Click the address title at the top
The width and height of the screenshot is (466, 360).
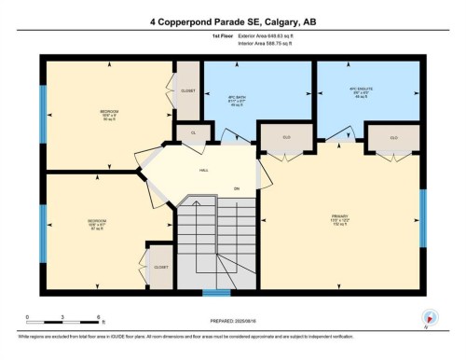(232, 20)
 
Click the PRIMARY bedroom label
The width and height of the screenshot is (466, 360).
(339, 221)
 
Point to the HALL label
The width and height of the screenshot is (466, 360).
(203, 171)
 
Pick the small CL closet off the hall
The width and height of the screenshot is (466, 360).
(193, 134)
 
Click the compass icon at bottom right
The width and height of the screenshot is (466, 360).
(430, 318)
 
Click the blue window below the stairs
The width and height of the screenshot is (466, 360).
(216, 291)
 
